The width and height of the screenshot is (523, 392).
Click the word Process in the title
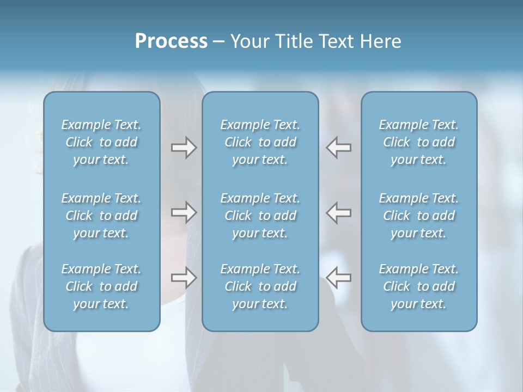click(x=171, y=42)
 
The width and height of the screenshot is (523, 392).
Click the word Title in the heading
click(x=294, y=42)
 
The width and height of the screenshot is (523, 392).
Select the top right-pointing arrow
click(x=184, y=148)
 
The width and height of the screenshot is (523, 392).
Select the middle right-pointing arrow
click(x=184, y=212)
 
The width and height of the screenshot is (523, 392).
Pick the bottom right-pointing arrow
click(x=184, y=278)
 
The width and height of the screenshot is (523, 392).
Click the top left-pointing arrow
click(x=338, y=148)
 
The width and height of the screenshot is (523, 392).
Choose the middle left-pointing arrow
click(x=338, y=212)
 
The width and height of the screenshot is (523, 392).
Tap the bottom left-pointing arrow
click(x=338, y=278)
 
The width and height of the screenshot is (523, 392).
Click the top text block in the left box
click(x=101, y=142)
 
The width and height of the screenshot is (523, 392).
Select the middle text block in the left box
click(x=101, y=216)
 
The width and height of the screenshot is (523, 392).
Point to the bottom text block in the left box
click(x=101, y=286)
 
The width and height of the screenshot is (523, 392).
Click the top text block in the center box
click(x=260, y=142)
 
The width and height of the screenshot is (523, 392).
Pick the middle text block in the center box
click(x=260, y=216)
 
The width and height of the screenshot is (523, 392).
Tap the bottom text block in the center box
click(x=260, y=286)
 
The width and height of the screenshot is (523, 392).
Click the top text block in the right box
click(x=419, y=142)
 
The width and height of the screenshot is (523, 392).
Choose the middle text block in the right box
click(x=419, y=216)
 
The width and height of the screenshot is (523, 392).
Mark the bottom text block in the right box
click(x=419, y=286)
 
